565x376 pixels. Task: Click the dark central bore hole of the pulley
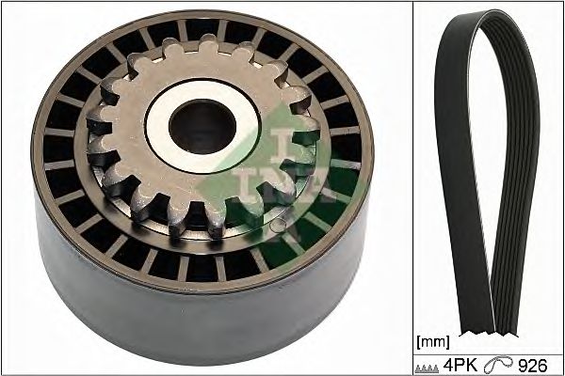[202, 126]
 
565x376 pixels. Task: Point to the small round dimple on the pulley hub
[277, 226]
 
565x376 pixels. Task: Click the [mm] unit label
[433, 342]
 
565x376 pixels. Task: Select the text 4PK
[460, 366]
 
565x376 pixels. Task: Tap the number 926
[533, 366]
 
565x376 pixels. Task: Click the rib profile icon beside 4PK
[427, 368]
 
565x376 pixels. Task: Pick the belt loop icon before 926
[497, 365]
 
